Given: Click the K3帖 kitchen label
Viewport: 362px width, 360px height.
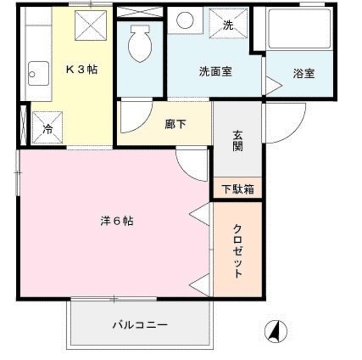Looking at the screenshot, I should tap(82, 71).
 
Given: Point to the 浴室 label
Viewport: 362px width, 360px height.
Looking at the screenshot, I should tap(304, 74).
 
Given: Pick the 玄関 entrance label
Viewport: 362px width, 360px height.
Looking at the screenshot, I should tap(238, 142).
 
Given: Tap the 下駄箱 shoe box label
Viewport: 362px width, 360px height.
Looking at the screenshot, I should tap(238, 189).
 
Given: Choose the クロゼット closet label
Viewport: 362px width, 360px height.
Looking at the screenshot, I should tap(238, 250).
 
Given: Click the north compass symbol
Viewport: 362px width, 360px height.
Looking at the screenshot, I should tap(276, 330).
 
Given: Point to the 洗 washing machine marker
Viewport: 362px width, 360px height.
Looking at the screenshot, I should tap(227, 24).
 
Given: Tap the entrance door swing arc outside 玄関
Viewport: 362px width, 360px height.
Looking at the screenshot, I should tap(286, 123).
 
